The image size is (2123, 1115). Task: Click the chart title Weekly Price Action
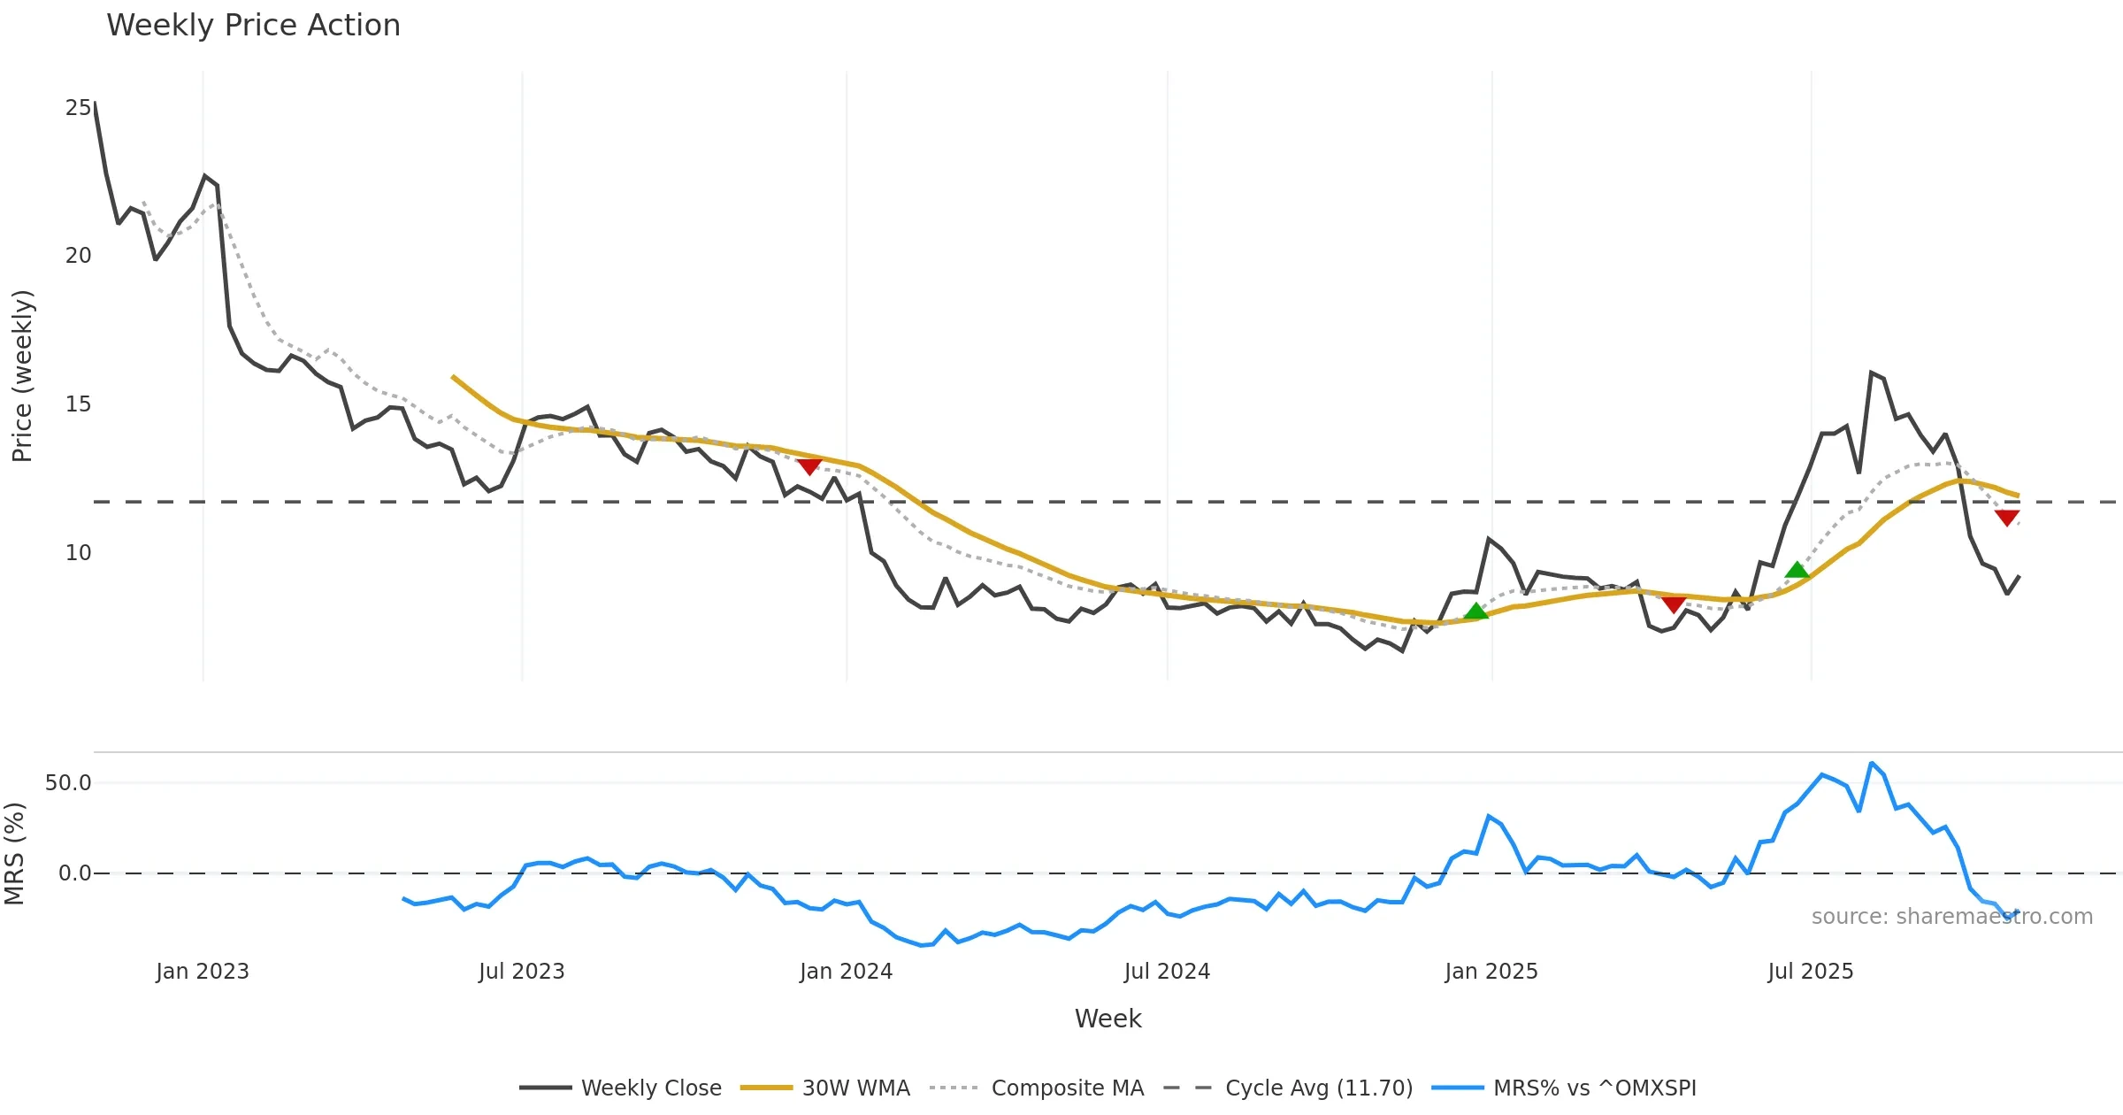point(253,26)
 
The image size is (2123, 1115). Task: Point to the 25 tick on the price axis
point(78,108)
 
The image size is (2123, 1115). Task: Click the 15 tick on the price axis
point(78,404)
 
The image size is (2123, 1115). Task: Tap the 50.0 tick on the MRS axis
point(68,783)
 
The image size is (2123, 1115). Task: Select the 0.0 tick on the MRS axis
point(74,873)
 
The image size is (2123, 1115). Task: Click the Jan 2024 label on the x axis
point(846,972)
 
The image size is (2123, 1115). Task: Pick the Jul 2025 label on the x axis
point(1810,972)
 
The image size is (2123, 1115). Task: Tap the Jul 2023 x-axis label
point(521,972)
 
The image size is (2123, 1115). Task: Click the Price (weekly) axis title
point(22,376)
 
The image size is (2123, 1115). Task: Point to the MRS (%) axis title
point(14,854)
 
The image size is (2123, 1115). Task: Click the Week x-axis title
point(1107,1019)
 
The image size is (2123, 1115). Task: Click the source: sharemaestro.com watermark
point(1951,917)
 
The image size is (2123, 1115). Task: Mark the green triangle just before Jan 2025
point(1475,611)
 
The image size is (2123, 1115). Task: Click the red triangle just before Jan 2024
point(809,465)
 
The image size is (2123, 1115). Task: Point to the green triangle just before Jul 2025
point(1797,570)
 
